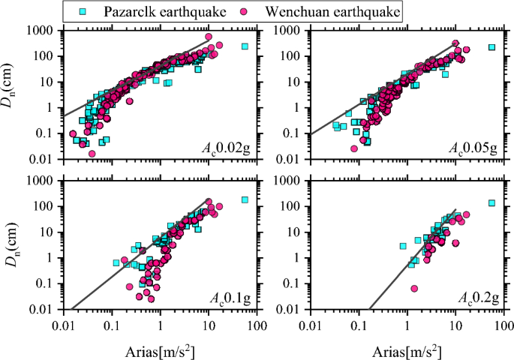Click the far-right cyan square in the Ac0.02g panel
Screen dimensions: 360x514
coord(245,46)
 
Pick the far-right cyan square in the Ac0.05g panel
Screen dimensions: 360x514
coord(492,47)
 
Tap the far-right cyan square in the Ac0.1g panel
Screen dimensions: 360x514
coord(245,199)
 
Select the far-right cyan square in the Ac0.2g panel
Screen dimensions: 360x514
coord(492,202)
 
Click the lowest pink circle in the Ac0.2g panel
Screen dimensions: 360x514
coord(415,289)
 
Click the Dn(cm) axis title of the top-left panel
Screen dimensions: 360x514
coord(11,94)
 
